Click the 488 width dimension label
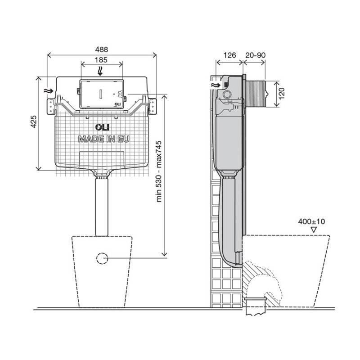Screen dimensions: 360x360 [102, 49]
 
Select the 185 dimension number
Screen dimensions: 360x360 [101, 60]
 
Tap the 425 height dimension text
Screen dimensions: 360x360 [33, 121]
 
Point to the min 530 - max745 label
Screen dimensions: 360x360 [159, 171]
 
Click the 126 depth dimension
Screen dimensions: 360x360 [229, 55]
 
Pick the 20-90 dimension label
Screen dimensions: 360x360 [255, 55]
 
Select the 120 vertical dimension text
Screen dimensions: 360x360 [282, 93]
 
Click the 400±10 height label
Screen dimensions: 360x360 [311, 221]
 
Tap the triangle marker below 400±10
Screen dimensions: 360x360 [313, 230]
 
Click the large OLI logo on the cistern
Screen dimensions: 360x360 [103, 127]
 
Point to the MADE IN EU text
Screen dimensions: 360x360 [104, 139]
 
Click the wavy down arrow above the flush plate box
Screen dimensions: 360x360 [100, 71]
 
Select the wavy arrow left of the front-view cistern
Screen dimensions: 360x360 [49, 91]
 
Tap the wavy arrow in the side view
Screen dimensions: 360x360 [216, 85]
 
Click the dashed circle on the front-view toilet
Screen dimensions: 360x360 [102, 258]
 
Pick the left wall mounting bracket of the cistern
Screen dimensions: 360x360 [50, 106]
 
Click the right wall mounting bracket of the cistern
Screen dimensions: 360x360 [153, 106]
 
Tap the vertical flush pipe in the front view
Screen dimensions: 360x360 [102, 207]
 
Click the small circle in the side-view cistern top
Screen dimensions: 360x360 [227, 94]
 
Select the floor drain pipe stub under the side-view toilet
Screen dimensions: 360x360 [255, 306]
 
